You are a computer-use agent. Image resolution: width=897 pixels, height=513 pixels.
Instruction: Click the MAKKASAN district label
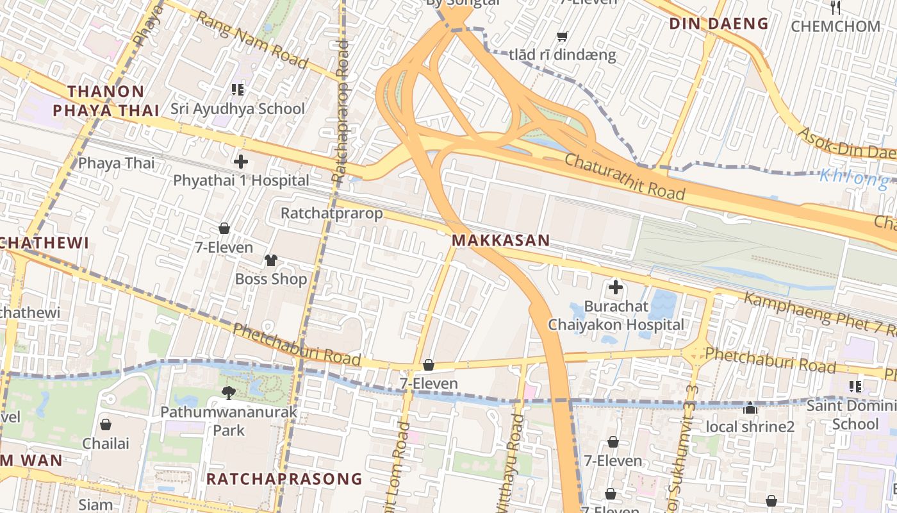[500, 240]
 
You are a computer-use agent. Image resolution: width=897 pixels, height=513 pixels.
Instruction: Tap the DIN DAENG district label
[718, 24]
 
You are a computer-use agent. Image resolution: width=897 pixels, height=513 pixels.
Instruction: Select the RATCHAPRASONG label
[284, 479]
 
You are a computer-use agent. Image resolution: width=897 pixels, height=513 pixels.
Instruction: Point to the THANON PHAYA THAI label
[106, 101]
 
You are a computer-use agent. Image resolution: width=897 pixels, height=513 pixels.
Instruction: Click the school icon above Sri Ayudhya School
[238, 89]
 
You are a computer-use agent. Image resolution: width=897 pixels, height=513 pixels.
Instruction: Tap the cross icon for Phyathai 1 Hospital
[241, 162]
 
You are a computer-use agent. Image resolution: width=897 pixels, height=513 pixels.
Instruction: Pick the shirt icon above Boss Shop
[271, 260]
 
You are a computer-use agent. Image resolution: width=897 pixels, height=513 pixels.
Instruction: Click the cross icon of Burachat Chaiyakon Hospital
[615, 287]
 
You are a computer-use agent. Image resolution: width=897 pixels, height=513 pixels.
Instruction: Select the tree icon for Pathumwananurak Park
[228, 392]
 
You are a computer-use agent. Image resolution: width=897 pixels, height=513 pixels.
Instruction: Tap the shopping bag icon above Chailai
[106, 425]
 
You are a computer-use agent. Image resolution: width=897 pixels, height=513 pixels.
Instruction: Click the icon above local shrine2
[750, 408]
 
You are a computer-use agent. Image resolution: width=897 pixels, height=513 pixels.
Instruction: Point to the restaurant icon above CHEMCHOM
[835, 8]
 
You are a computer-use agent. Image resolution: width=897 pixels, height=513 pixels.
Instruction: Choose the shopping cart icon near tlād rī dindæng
[562, 37]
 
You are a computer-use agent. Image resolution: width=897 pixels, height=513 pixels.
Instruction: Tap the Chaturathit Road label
[624, 174]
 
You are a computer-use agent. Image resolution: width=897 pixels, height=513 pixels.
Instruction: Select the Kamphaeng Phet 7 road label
[820, 314]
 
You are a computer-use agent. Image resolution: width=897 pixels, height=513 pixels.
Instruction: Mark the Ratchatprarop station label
[332, 213]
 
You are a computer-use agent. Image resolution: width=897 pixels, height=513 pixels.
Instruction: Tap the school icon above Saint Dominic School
[855, 386]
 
